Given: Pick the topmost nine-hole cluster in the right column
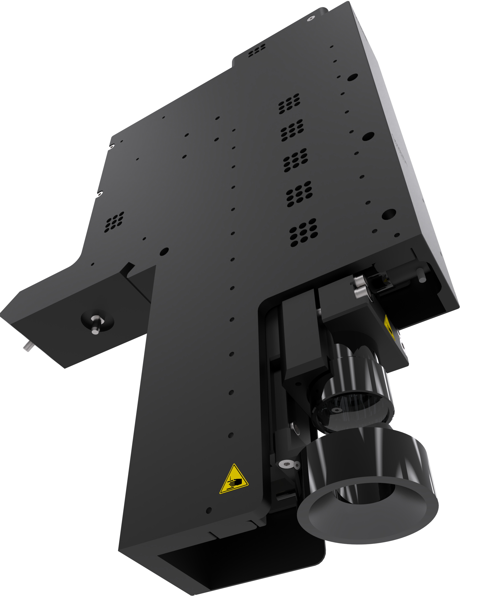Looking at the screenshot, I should click(x=289, y=103).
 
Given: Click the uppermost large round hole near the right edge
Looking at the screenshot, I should click(x=352, y=77).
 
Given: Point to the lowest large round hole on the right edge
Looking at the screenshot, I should click(x=389, y=214).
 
